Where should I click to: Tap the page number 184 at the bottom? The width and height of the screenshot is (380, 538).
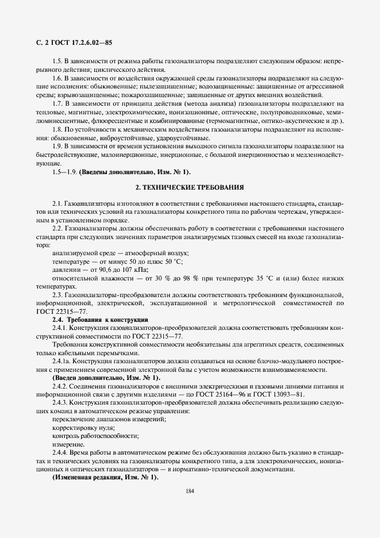click(x=190, y=490)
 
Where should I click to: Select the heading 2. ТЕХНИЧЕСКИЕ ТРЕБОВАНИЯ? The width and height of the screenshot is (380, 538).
click(x=190, y=188)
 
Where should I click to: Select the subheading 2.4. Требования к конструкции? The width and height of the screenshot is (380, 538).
click(x=100, y=319)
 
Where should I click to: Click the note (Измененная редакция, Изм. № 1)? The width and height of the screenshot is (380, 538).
click(x=105, y=478)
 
